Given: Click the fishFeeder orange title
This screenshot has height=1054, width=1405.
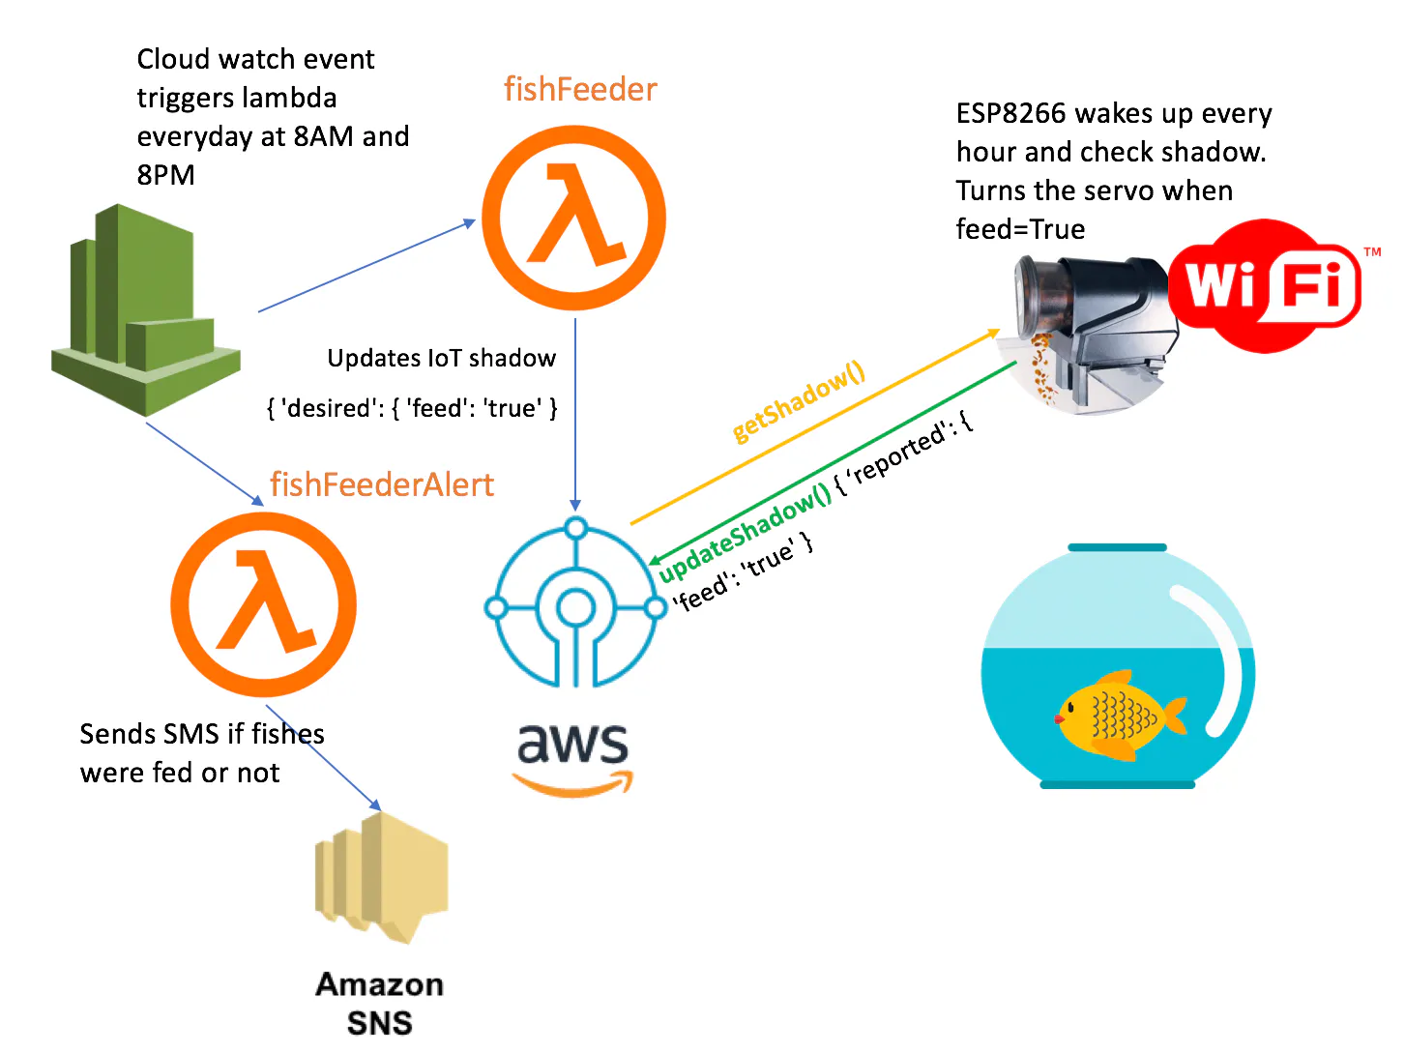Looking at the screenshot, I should click(580, 90).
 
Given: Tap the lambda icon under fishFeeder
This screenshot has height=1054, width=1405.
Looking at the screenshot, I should click(574, 218).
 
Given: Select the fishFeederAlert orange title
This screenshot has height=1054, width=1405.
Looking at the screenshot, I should click(382, 484).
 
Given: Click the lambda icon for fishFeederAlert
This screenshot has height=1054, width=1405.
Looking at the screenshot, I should click(263, 605).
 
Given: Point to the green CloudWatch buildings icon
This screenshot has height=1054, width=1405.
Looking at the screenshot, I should click(145, 309).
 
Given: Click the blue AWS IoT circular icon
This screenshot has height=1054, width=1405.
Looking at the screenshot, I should click(575, 605).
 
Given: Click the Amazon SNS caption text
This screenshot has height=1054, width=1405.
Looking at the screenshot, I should click(379, 1003).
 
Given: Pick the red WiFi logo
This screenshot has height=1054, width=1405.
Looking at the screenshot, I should click(1266, 286).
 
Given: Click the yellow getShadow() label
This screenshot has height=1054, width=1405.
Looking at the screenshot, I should click(798, 402).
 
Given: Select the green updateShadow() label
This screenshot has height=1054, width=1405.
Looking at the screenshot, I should click(745, 533).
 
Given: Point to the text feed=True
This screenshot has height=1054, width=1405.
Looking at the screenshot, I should click(1020, 230).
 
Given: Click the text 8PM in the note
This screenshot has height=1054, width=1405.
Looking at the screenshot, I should click(165, 176).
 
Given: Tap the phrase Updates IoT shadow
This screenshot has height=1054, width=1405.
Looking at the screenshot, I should click(441, 359).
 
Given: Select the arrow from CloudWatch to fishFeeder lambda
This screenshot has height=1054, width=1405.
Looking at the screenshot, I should click(367, 267).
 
